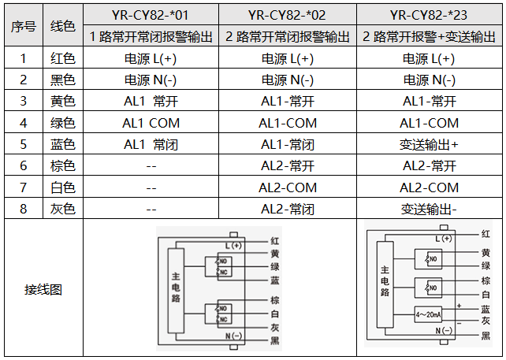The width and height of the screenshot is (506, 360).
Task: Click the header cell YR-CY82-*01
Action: pos(151,14)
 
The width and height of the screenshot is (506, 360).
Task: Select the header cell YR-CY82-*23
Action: pos(429,14)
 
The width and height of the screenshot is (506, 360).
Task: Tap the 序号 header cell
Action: pos(24,26)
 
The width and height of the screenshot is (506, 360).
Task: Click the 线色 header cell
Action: pos(63,26)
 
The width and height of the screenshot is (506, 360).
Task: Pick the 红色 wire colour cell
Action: pos(63,58)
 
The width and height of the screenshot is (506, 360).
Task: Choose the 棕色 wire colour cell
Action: pos(63,166)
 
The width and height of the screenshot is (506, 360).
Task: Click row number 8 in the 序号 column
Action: pos(24,209)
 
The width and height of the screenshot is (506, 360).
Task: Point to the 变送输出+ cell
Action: pos(429,145)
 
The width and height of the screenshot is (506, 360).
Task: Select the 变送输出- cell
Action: pos(429,209)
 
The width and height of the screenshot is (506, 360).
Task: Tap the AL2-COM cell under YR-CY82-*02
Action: pos(288,187)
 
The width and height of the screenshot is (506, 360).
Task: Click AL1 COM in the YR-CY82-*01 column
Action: pos(151,123)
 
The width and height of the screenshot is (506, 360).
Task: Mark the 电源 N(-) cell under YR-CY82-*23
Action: pos(429,80)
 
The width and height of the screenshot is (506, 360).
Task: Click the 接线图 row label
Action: pos(43,289)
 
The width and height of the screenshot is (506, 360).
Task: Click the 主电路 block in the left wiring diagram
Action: pos(175,288)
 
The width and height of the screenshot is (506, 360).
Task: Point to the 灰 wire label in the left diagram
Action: pos(275,327)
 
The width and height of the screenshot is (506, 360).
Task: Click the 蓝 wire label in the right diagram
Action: pos(486,309)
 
